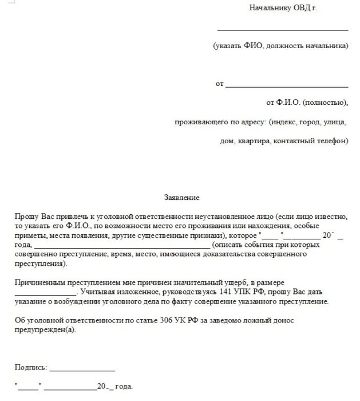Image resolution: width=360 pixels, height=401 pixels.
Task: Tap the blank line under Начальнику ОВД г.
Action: tap(283, 29)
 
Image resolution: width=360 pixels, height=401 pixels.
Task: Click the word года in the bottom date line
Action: tap(124, 387)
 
